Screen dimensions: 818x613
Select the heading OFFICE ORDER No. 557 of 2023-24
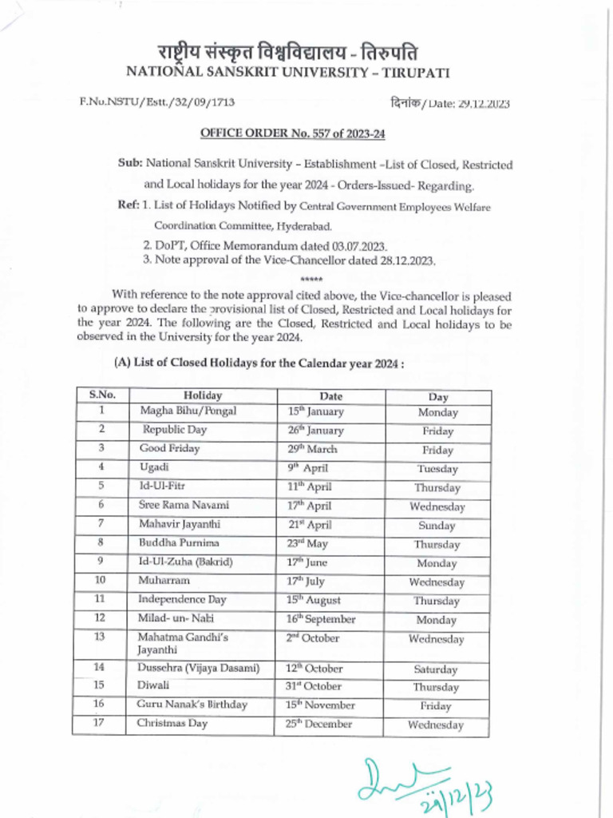(287, 133)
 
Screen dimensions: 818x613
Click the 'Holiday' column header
(203, 395)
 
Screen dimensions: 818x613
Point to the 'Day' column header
(437, 396)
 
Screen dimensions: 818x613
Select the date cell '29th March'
(312, 449)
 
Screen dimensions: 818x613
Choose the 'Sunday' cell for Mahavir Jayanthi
(437, 526)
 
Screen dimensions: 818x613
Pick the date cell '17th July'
(306, 582)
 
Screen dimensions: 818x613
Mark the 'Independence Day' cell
(182, 599)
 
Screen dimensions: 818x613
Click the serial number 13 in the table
(100, 637)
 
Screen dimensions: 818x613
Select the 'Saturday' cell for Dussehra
(436, 669)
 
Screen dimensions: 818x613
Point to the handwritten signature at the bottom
(423, 784)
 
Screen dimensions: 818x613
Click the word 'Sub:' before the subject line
(130, 164)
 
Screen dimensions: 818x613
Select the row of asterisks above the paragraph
(311, 280)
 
